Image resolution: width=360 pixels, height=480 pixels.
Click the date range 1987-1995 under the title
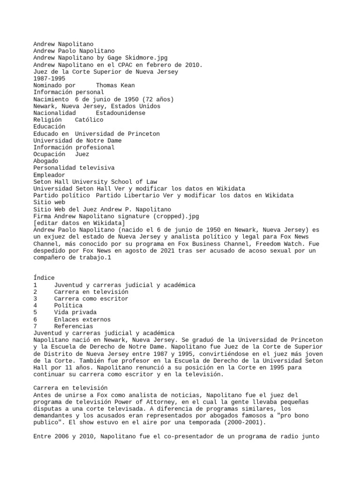pyautogui.click(x=49, y=79)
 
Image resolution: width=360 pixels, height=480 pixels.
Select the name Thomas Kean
pyautogui.click(x=115, y=85)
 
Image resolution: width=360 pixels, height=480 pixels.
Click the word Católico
pyautogui.click(x=89, y=120)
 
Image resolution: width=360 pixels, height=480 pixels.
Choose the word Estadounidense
pyautogui.click(x=120, y=113)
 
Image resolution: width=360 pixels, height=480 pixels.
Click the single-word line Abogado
pyautogui.click(x=46, y=161)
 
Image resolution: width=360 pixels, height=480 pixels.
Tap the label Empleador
pyautogui.click(x=49, y=175)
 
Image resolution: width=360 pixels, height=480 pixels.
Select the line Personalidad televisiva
pyautogui.click(x=74, y=168)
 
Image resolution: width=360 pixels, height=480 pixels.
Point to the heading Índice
pyautogui.click(x=44, y=278)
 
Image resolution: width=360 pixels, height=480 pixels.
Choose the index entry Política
pyautogui.click(x=68, y=306)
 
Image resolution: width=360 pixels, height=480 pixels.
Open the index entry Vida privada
pyautogui.click(x=75, y=312)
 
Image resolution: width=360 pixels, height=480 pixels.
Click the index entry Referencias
pyautogui.click(x=73, y=326)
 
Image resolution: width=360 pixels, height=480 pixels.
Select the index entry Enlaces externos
pyautogui.click(x=82, y=319)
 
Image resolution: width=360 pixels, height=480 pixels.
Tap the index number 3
pyautogui.click(x=36, y=299)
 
